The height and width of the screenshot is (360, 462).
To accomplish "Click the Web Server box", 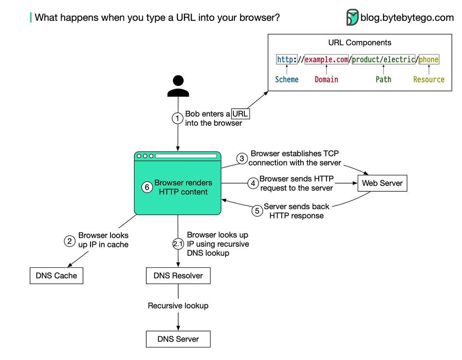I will [x=382, y=183].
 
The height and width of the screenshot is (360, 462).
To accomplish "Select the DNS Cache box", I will [x=56, y=276].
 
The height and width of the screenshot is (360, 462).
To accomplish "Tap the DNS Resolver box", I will [x=178, y=276].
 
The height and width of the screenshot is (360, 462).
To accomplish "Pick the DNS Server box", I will [x=178, y=339].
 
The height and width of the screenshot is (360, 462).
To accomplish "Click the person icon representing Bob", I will [x=178, y=86].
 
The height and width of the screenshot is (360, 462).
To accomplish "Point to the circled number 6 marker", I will [x=146, y=188].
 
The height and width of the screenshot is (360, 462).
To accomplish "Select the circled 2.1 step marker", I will [x=177, y=244].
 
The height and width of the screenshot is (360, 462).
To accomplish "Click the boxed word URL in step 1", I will [x=240, y=114].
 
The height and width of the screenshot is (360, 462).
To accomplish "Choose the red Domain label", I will [x=326, y=80].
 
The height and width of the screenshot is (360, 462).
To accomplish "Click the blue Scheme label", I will [x=286, y=80].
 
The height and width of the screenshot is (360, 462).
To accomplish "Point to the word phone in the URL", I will [x=429, y=60].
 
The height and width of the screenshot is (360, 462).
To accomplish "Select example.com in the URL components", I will [x=326, y=60].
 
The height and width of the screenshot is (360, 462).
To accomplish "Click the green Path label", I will [x=383, y=80].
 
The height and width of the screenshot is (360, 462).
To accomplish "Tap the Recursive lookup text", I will [x=178, y=306].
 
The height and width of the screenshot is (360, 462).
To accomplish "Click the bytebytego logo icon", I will [x=352, y=17].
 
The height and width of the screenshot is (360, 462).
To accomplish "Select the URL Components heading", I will [x=360, y=43].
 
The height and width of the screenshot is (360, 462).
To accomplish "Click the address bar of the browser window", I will [x=186, y=156].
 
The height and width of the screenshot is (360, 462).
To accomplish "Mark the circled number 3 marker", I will [x=242, y=159].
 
